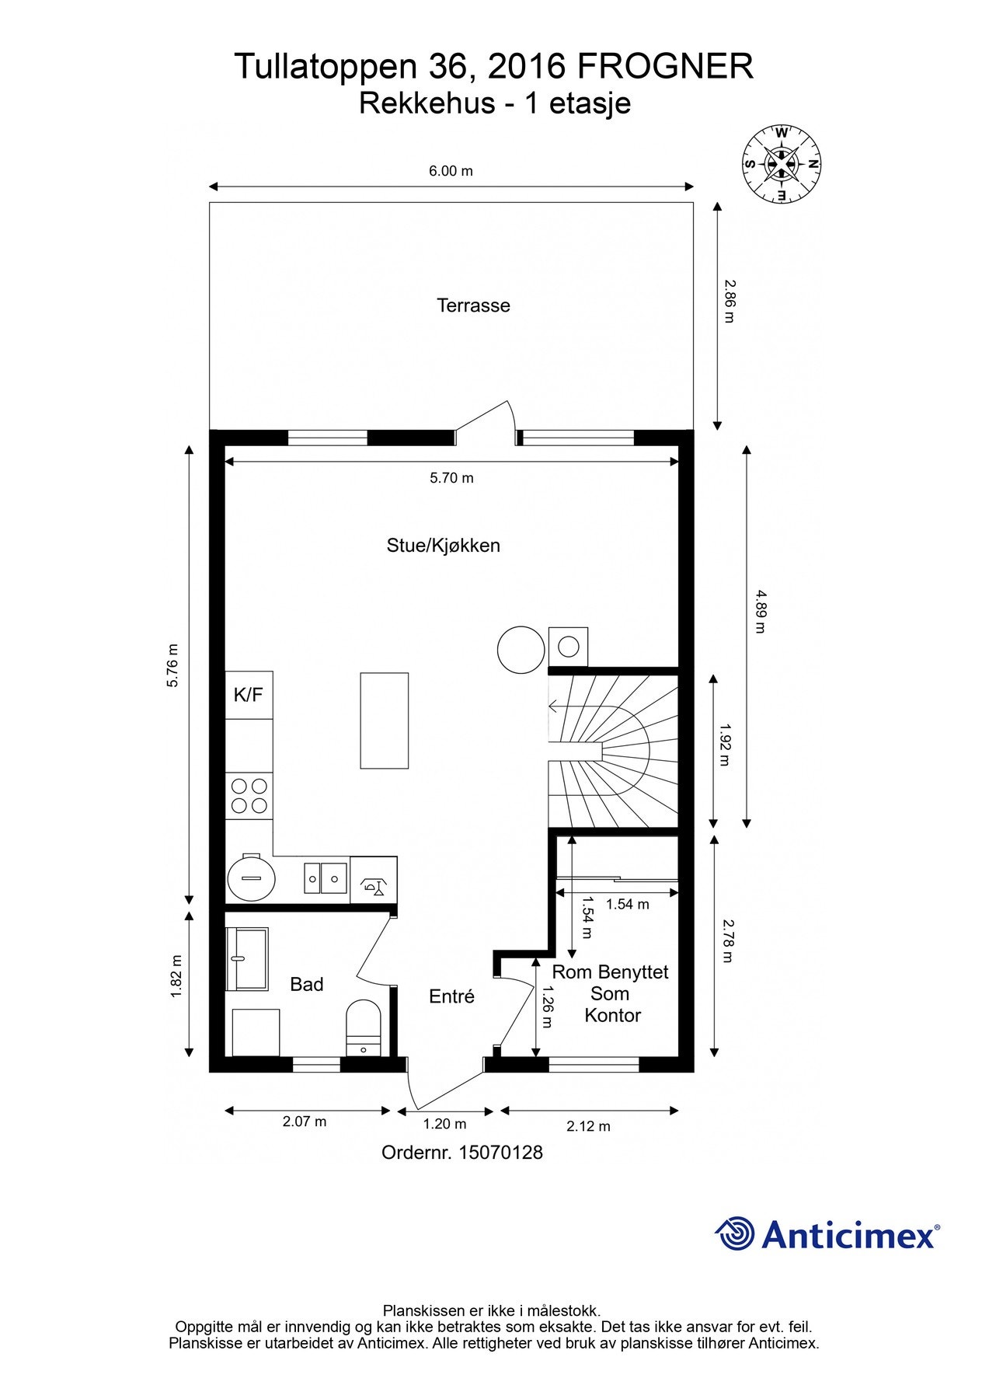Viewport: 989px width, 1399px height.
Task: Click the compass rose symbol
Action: (x=782, y=164)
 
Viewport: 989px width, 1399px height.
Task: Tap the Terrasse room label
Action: (x=473, y=305)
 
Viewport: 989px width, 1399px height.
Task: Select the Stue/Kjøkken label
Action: (x=443, y=546)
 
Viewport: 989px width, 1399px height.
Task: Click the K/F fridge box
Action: (x=249, y=695)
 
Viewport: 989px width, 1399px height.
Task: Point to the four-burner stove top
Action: (x=249, y=795)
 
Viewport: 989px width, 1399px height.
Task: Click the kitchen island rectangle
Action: (x=385, y=720)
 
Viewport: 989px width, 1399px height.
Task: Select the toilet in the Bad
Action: (x=363, y=1027)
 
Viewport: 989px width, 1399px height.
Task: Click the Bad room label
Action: (x=306, y=985)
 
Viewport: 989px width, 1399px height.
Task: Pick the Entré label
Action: (x=451, y=996)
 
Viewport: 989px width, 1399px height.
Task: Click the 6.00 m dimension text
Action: (x=451, y=170)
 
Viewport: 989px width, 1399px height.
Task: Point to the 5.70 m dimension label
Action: (x=451, y=478)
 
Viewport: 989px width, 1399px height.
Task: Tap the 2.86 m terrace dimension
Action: (x=728, y=302)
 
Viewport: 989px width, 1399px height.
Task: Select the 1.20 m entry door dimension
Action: (x=444, y=1124)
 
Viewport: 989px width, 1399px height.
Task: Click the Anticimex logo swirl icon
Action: (x=734, y=1233)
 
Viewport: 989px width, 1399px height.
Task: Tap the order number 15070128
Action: (x=501, y=1152)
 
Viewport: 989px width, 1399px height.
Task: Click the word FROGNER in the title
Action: (x=665, y=67)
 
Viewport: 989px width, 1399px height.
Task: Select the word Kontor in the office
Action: (x=613, y=1015)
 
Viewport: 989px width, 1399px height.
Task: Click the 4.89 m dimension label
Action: (x=759, y=612)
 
